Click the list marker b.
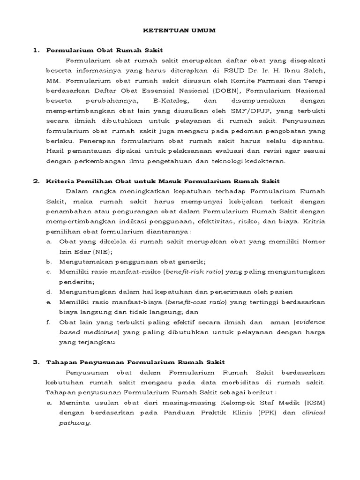point(49,262)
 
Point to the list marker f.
point(48,322)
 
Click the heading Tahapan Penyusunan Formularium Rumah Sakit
point(135,362)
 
